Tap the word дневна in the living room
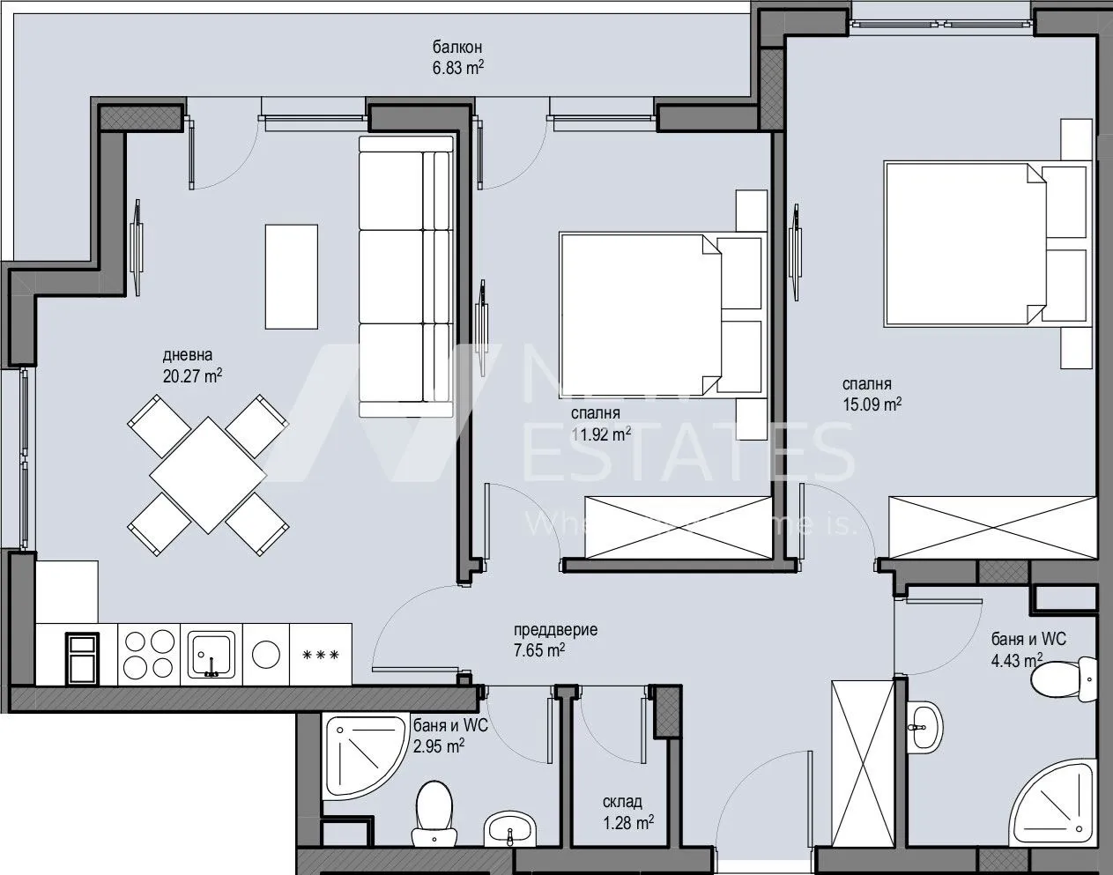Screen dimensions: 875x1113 (x=187, y=356)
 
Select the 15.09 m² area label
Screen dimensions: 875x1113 (x=872, y=404)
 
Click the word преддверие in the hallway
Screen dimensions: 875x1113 (x=555, y=630)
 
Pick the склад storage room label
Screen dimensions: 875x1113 (x=622, y=802)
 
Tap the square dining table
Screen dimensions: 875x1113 (x=207, y=475)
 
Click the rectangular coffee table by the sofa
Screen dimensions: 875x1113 (x=292, y=276)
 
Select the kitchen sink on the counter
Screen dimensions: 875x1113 (x=211, y=655)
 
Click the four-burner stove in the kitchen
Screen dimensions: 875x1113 (x=147, y=654)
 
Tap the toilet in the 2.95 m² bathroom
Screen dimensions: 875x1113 (x=432, y=806)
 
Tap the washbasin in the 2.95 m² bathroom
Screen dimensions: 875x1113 (x=509, y=827)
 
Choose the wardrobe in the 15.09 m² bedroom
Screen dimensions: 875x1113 (x=991, y=527)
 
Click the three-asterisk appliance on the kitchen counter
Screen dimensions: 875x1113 (x=320, y=655)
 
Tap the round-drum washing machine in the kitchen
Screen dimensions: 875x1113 (x=265, y=655)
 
